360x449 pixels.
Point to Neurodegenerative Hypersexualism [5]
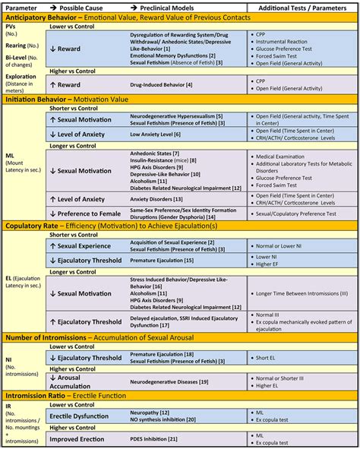[176, 115]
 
